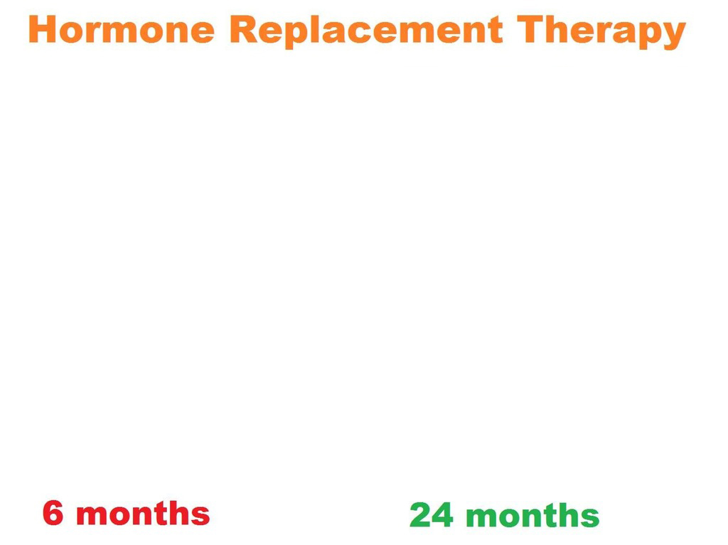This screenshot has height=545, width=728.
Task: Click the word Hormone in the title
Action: [122, 29]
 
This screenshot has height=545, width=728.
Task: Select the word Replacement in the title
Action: [366, 31]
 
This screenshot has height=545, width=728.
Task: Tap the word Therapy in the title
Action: [601, 31]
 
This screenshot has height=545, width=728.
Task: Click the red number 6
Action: [53, 513]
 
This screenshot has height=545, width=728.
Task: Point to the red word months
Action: [143, 513]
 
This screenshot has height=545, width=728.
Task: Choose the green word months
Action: [532, 515]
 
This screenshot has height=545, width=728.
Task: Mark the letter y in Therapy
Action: [674, 36]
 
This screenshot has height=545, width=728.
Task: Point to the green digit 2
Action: [421, 515]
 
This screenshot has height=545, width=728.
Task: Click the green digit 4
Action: [442, 515]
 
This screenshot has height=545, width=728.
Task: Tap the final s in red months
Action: [200, 517]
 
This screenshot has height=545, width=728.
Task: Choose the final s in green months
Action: [589, 518]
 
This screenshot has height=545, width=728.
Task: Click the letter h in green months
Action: [568, 515]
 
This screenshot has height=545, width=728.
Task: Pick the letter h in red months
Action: [178, 513]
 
